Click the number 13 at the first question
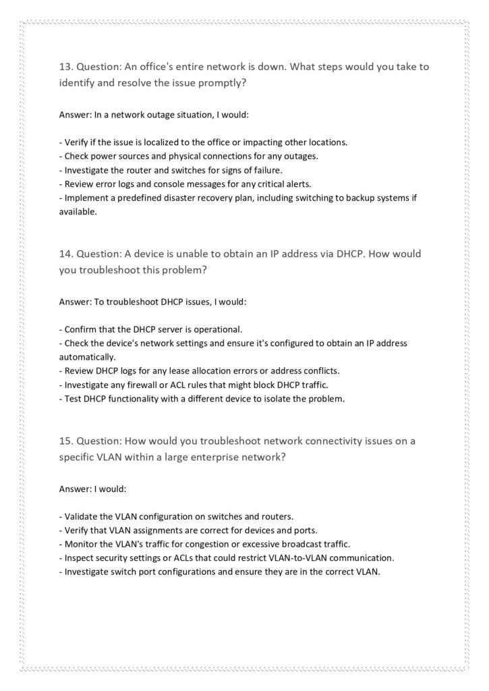pos(65,67)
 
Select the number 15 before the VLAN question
pos(65,441)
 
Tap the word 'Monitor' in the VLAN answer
pos(81,544)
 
